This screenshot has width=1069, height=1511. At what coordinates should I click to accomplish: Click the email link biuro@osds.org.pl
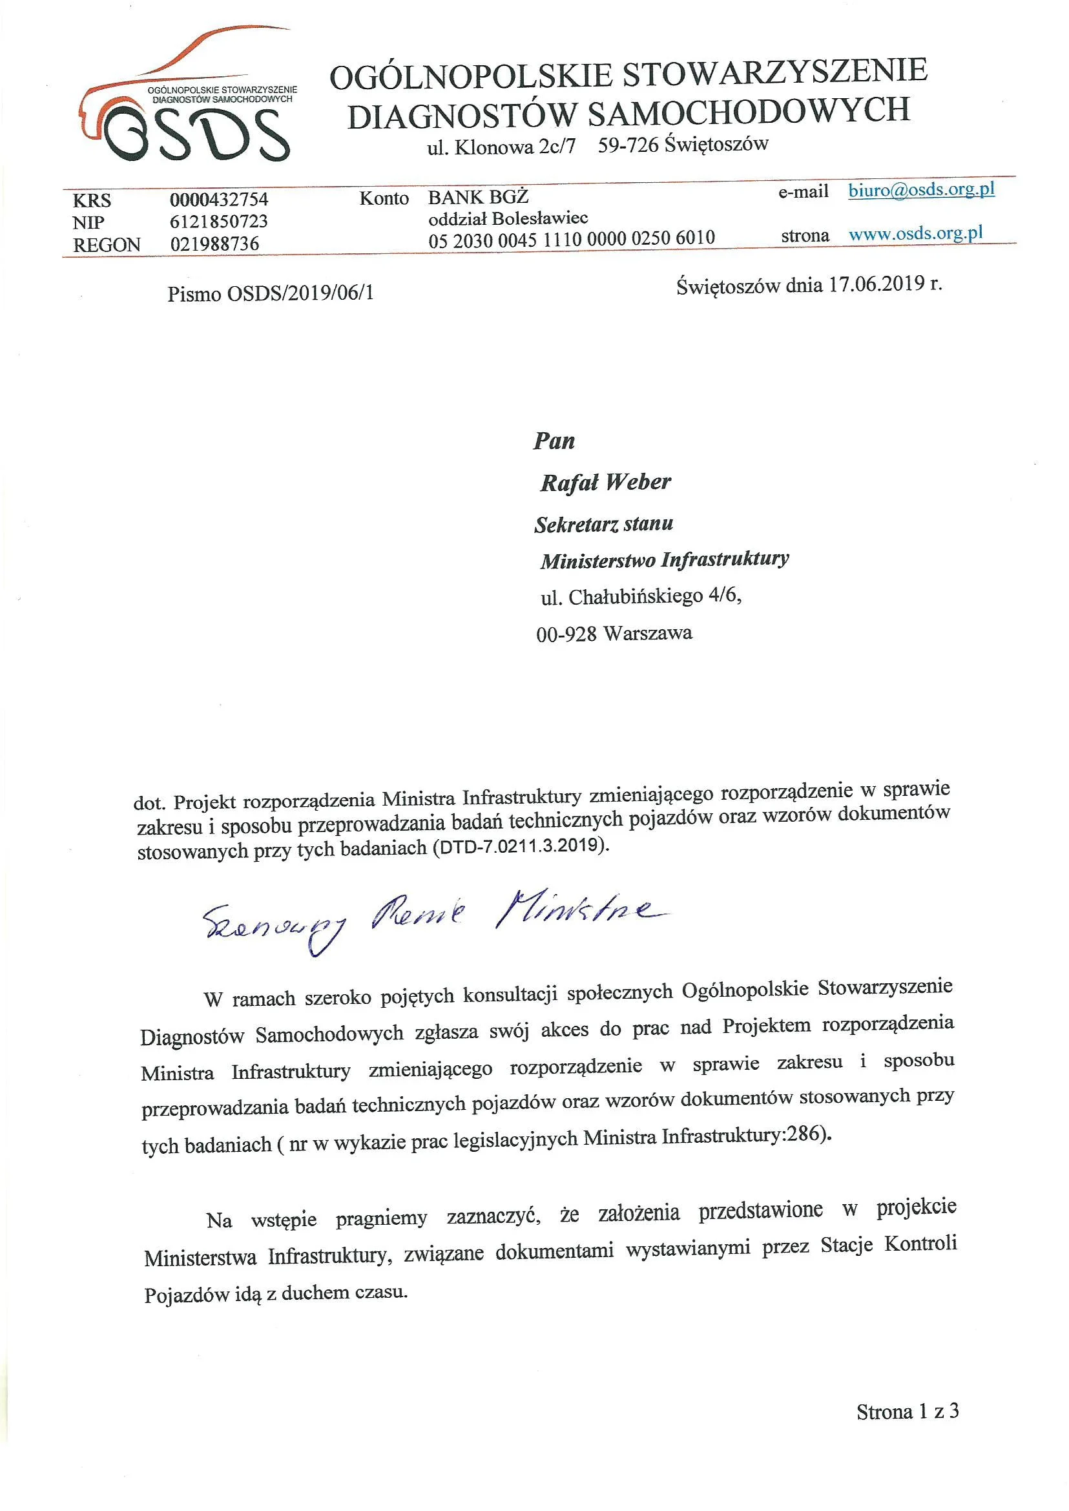[921, 191]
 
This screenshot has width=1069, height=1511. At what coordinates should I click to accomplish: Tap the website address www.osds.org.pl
[916, 234]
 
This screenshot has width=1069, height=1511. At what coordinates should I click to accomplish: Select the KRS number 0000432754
[218, 200]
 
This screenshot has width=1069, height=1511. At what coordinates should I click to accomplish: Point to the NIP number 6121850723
[218, 221]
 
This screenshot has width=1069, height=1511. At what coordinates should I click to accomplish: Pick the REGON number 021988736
[214, 244]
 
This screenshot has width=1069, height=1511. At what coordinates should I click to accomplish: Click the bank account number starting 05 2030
[572, 238]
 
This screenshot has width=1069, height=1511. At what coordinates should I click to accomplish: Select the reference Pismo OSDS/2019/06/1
[271, 293]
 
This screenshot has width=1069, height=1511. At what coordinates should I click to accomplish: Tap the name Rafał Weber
[605, 483]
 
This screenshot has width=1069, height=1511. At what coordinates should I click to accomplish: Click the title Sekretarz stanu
[603, 525]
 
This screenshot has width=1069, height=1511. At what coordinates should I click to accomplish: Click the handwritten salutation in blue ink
[428, 919]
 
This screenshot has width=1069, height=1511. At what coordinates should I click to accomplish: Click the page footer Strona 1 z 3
[907, 1411]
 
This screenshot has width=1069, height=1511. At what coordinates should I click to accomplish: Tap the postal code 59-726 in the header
[628, 145]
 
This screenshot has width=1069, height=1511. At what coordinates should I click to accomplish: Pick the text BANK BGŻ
[478, 197]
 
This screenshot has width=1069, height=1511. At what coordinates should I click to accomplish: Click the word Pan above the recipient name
[554, 441]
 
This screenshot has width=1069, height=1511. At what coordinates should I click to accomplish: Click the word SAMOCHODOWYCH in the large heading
[748, 110]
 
